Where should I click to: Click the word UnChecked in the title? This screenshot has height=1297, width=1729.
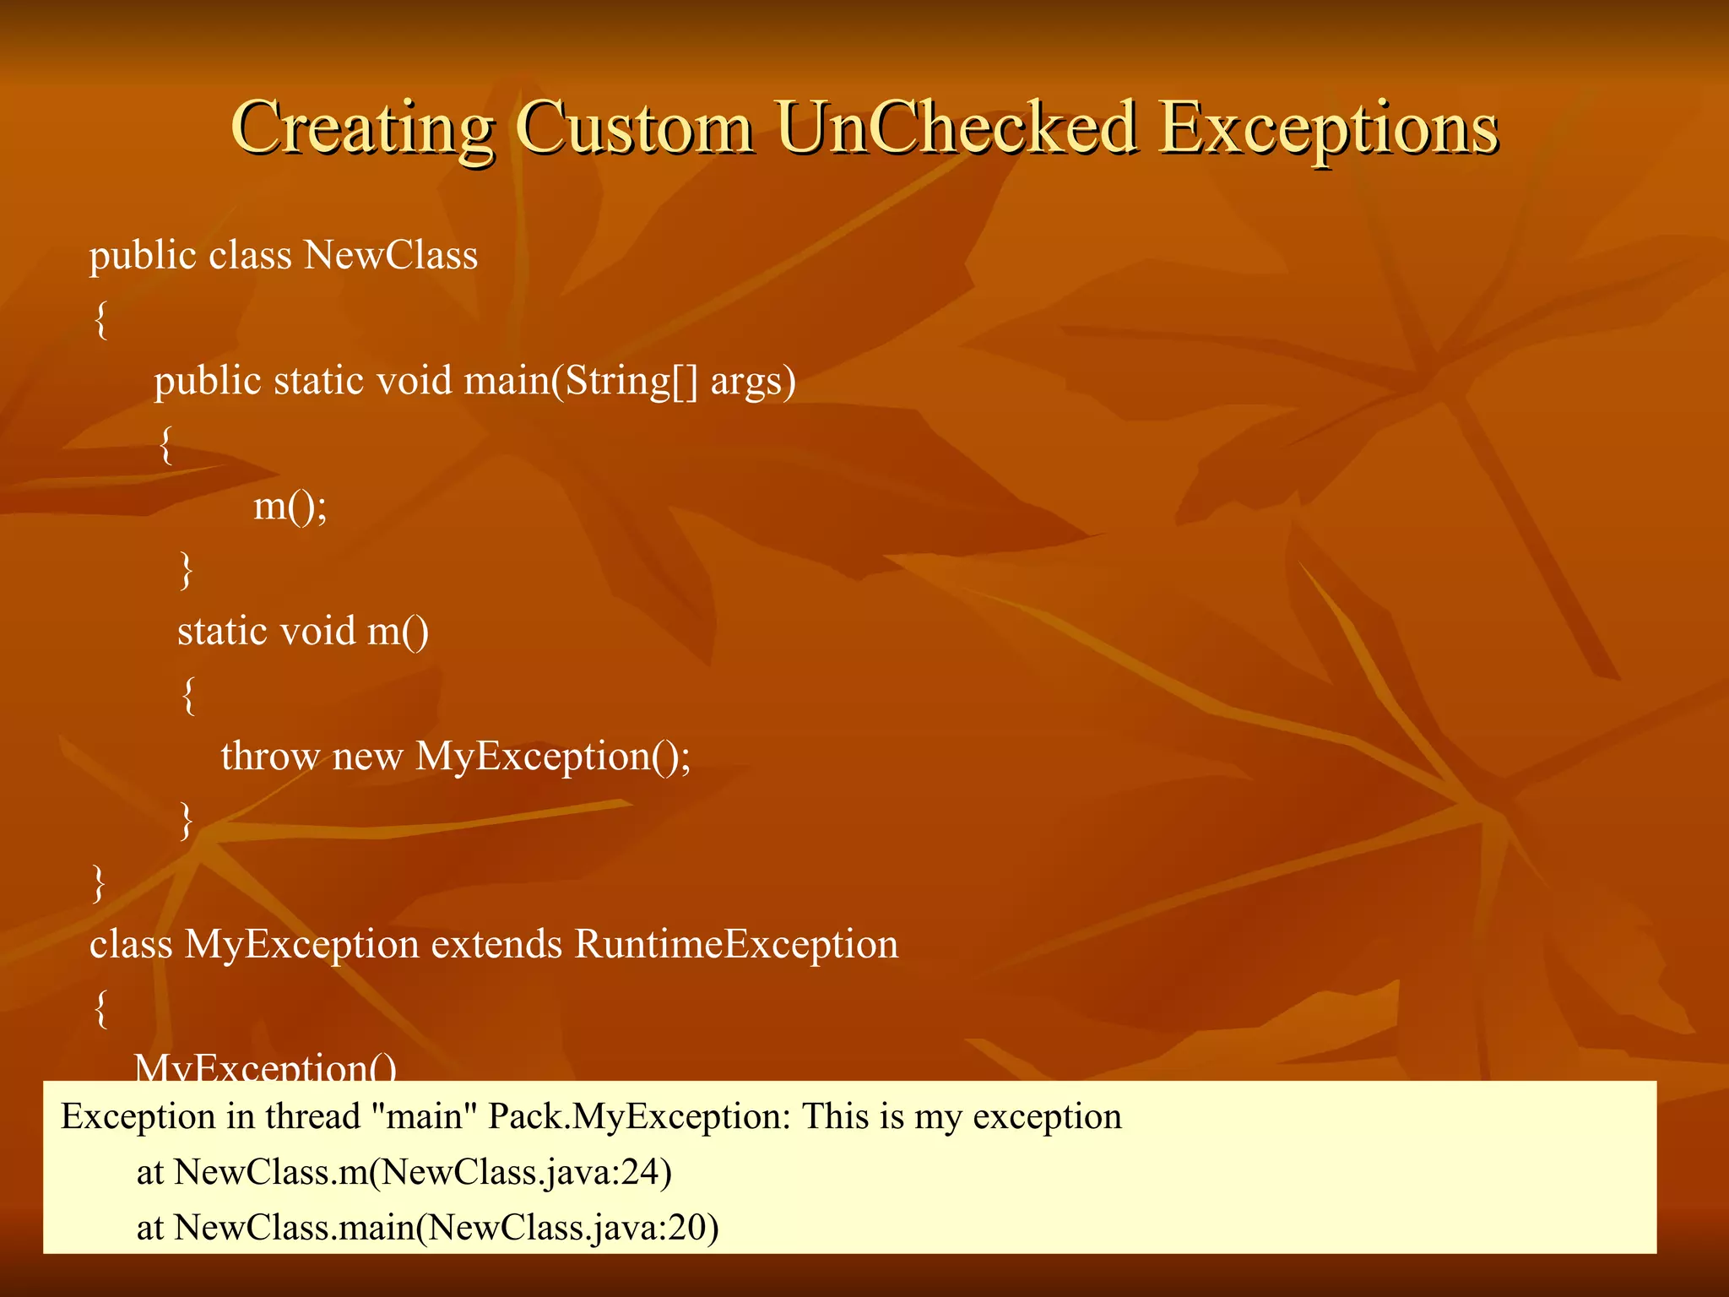pos(956,128)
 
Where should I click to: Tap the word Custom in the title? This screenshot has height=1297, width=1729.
pos(634,128)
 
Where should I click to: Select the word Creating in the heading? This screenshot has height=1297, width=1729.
pos(361,128)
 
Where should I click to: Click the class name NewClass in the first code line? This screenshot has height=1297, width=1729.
pos(391,255)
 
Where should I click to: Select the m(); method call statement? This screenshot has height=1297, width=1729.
pos(290,506)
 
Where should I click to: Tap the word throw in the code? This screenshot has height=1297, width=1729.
pos(270,756)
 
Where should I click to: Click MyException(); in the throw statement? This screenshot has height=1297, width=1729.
pos(553,756)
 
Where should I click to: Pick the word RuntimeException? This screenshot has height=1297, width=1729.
pos(736,944)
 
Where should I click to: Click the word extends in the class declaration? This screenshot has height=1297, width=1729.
pos(496,944)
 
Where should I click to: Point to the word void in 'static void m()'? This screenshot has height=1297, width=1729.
pos(317,631)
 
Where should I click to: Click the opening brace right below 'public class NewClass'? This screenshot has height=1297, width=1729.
pos(100,319)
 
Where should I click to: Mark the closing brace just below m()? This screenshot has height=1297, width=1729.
pos(187,569)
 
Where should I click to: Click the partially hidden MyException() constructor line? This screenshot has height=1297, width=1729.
pos(265,1067)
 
